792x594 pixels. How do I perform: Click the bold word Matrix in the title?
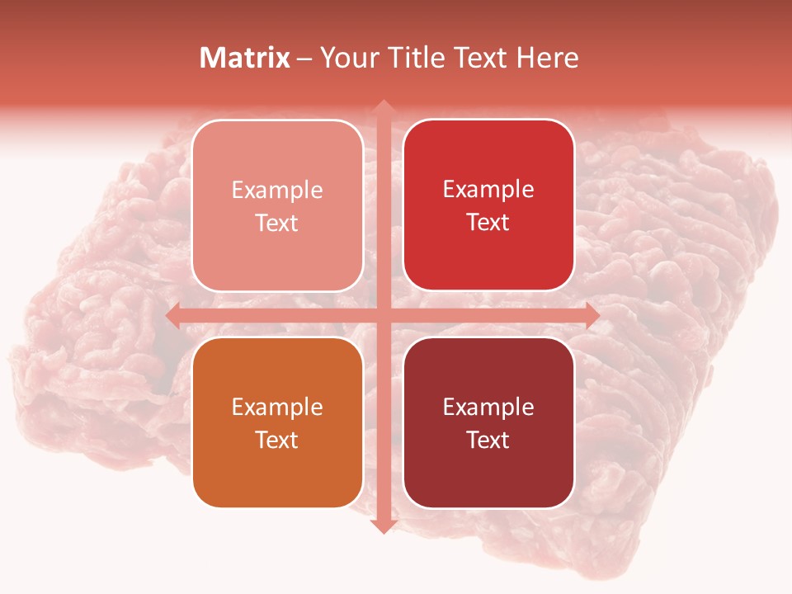tap(245, 58)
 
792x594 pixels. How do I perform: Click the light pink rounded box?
tap(277, 205)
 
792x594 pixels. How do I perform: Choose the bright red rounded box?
tap(488, 205)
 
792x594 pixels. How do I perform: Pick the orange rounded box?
tap(277, 422)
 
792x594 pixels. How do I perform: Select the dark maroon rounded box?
tap(488, 422)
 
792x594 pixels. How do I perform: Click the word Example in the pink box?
tap(277, 191)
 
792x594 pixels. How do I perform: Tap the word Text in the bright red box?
tap(488, 223)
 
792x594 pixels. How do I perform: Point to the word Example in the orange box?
tap(277, 408)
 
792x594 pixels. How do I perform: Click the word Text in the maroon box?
tap(488, 440)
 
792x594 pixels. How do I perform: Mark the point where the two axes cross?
tap(383, 316)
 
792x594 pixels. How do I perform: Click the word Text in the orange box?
tap(277, 440)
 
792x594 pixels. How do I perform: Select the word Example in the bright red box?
tap(488, 190)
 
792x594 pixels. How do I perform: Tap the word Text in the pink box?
tap(277, 223)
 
